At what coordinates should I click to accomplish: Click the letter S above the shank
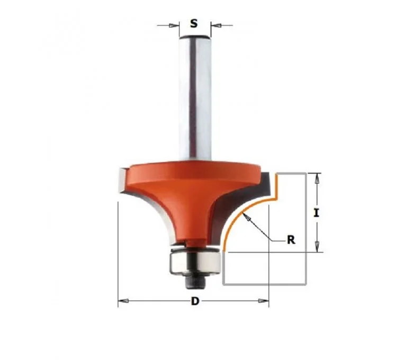[x=194, y=24]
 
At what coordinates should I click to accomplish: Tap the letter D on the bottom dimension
[x=195, y=301]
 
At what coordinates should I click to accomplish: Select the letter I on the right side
[x=316, y=212]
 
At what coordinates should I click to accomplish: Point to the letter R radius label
[x=291, y=240]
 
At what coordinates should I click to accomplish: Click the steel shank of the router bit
[x=195, y=97]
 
